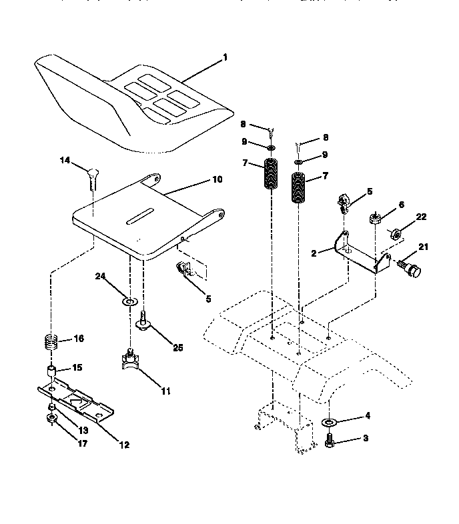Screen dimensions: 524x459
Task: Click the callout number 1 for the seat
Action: click(x=225, y=58)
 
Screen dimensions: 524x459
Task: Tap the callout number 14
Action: click(x=64, y=160)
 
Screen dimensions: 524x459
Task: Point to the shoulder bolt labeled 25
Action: click(x=143, y=325)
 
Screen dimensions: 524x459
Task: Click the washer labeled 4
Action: click(x=330, y=421)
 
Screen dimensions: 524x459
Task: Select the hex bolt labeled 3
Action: click(x=330, y=441)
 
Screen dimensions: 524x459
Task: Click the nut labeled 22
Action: click(x=395, y=233)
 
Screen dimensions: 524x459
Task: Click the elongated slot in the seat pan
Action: click(x=141, y=218)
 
